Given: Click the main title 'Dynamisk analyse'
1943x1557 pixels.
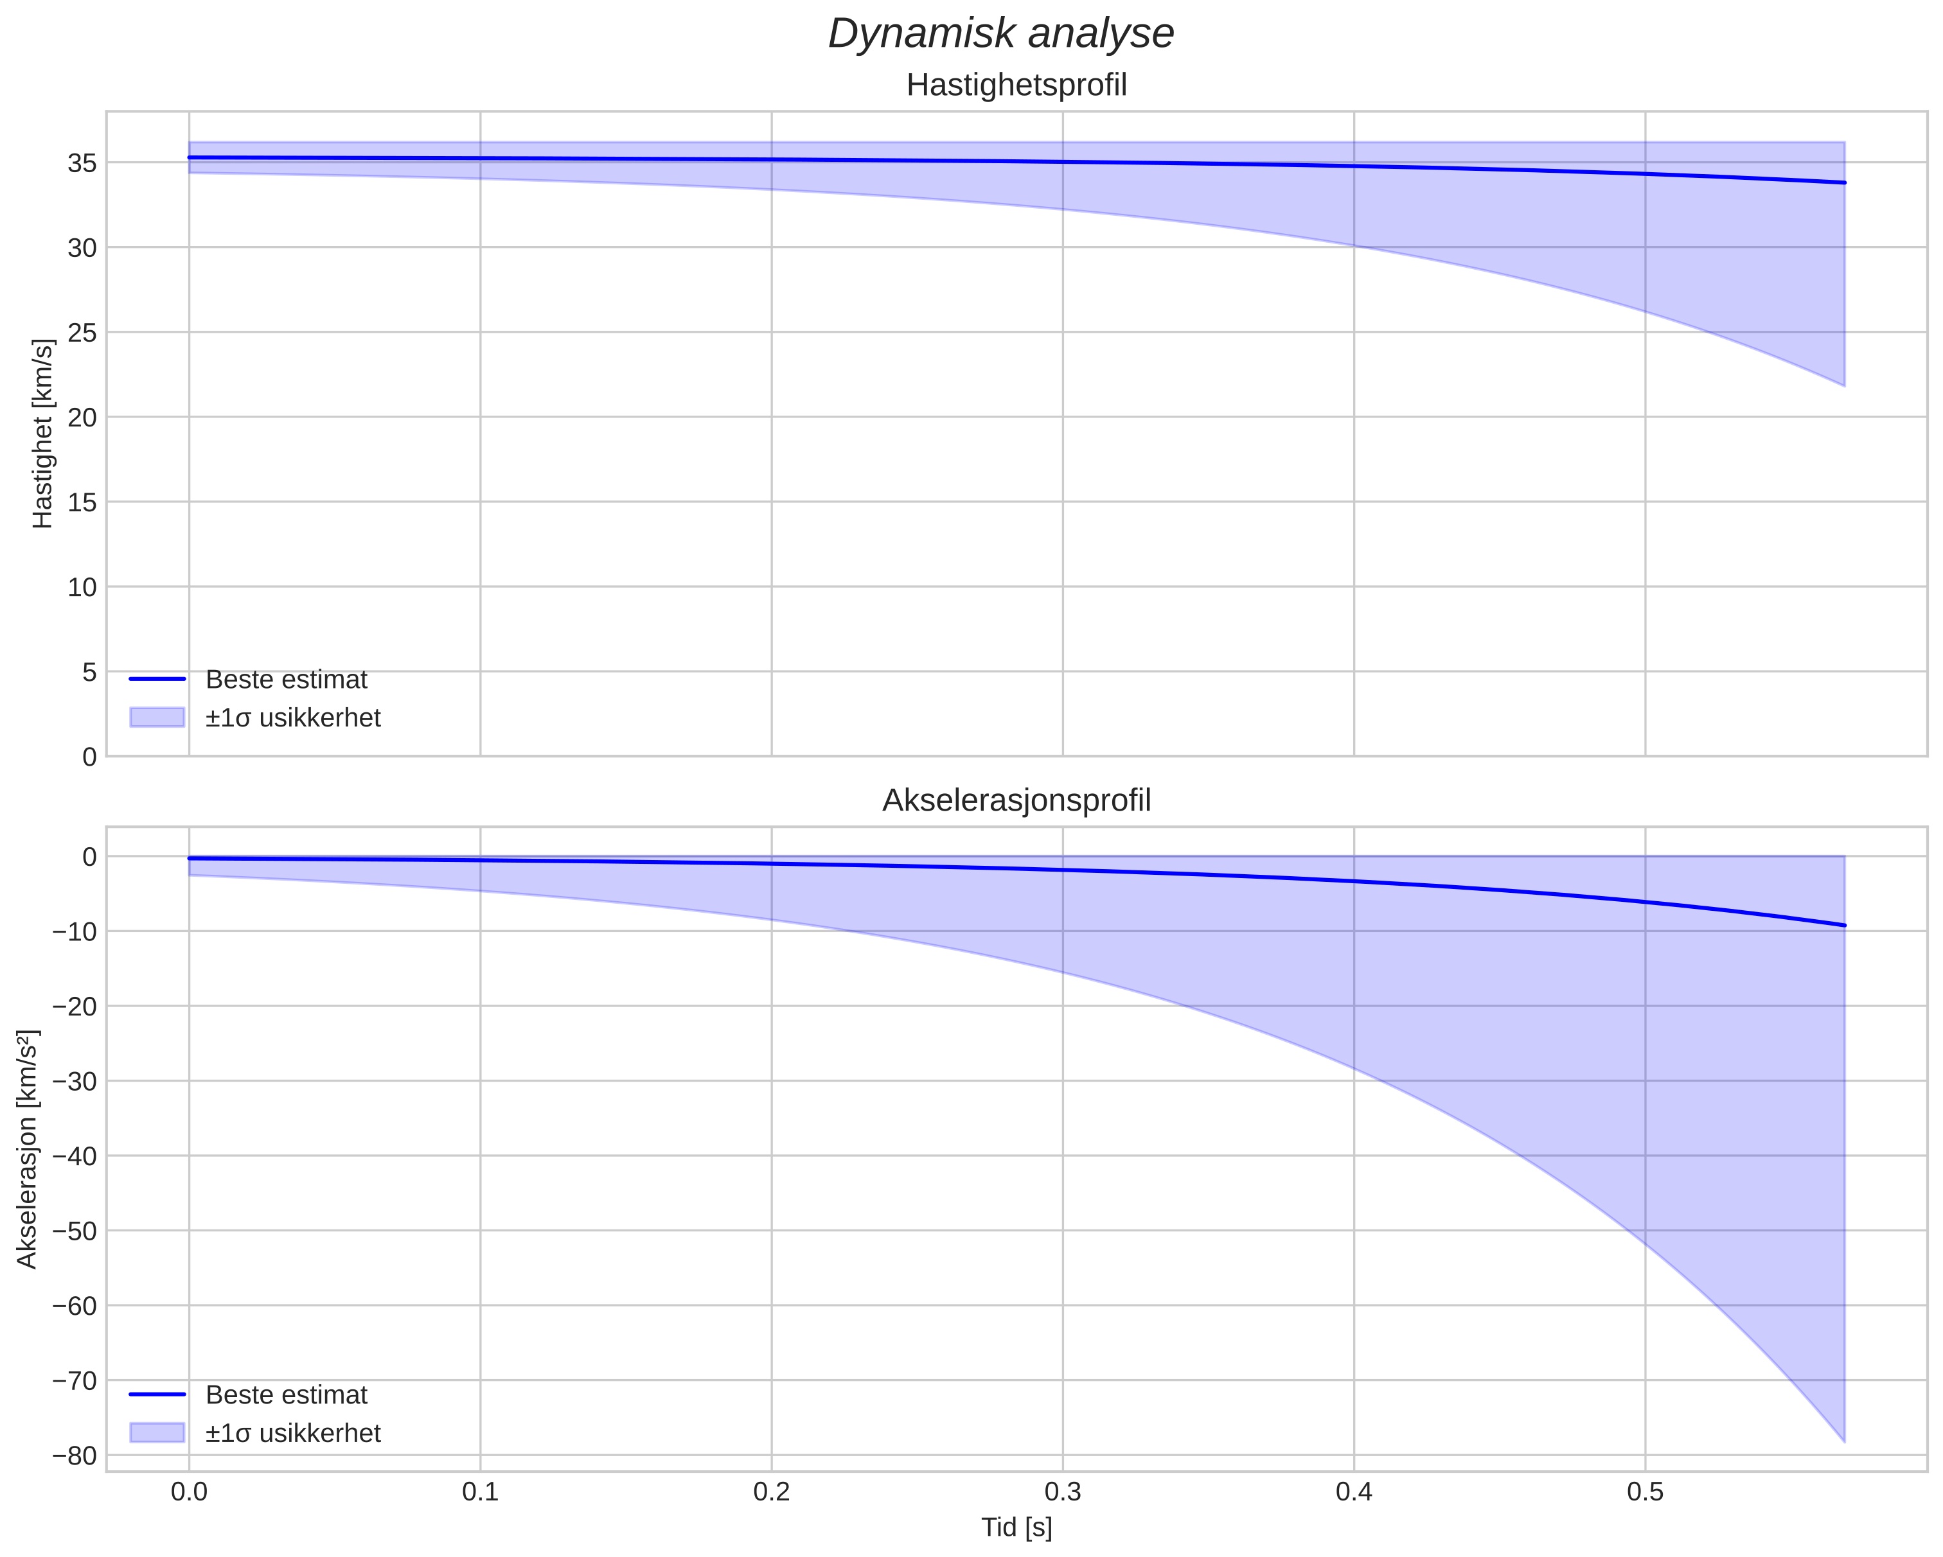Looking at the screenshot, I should pos(1000,34).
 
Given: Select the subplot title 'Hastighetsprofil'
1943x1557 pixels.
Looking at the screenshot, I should pos(1016,85).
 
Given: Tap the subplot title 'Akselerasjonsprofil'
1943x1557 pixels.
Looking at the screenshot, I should pos(1016,800).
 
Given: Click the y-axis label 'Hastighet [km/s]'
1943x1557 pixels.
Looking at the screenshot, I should pos(42,434).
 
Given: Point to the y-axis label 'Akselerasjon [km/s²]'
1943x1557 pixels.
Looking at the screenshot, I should pos(27,1149).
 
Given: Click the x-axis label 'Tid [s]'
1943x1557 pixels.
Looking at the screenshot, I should pos(1016,1527).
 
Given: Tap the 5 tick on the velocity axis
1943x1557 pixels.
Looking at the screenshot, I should pos(88,672).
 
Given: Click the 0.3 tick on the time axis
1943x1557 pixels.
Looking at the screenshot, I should pos(1063,1492).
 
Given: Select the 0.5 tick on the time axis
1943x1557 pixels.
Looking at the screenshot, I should pos(1645,1492).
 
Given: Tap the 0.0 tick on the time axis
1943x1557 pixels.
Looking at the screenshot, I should pos(190,1492).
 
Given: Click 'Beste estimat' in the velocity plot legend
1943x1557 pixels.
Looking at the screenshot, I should pos(287,680).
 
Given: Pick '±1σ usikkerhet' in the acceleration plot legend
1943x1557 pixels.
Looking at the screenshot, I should pos(293,1432).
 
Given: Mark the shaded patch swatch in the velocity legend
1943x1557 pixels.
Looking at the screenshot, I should pos(157,717).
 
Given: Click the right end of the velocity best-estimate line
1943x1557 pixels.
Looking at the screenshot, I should pos(1844,183).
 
